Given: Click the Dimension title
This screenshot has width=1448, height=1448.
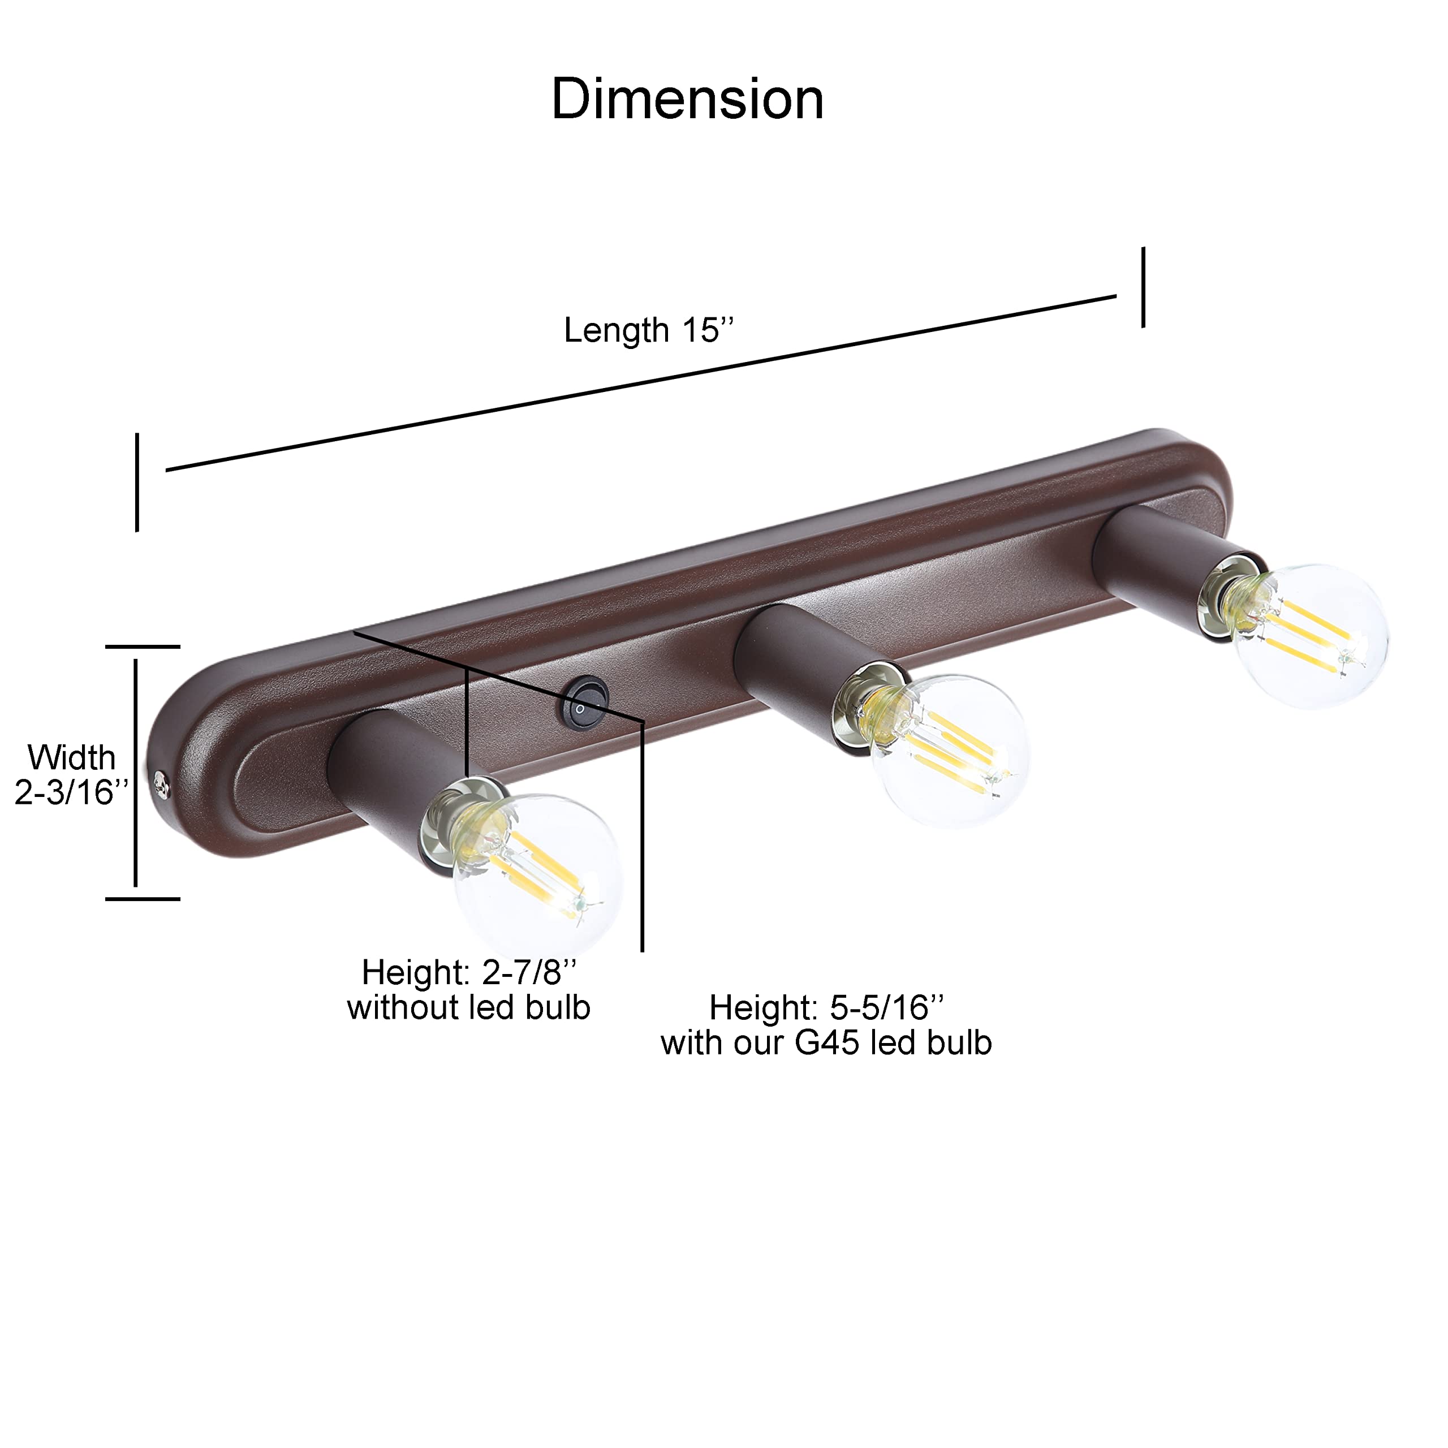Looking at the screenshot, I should [x=687, y=99].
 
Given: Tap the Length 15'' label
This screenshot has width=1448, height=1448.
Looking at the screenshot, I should [x=648, y=330].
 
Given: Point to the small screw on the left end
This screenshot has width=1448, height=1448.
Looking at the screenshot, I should [x=161, y=784].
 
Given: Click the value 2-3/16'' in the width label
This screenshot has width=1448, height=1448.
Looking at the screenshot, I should [x=72, y=792].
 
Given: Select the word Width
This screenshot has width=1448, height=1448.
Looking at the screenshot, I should [x=72, y=758].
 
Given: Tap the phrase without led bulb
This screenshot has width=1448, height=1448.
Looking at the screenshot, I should [x=468, y=1008].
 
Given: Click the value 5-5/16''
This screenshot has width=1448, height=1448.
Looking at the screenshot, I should [x=887, y=1008].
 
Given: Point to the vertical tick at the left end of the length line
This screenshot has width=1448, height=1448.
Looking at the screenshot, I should [x=137, y=482].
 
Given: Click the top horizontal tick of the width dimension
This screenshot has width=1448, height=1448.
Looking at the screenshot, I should [x=143, y=646].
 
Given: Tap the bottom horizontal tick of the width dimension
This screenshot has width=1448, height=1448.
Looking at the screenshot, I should [x=143, y=899].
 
